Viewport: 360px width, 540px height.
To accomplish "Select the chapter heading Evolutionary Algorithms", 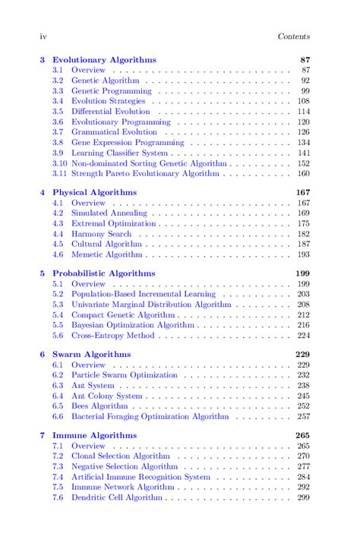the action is tap(104, 59).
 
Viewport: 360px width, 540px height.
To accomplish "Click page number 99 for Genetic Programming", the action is tap(305, 91).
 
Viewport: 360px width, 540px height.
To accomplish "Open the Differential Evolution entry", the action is tap(111, 112).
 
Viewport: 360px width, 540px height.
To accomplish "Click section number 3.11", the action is tap(59, 174).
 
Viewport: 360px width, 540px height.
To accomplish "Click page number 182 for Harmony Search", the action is tap(303, 234).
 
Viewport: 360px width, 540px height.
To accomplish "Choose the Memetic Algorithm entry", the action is tap(106, 255).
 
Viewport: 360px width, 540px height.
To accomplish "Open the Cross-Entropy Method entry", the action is tap(113, 336).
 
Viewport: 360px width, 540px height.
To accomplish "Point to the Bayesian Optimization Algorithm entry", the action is tap(134, 325).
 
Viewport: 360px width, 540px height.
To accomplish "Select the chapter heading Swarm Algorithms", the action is tap(91, 355).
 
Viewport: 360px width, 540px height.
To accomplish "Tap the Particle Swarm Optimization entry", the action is tap(124, 375).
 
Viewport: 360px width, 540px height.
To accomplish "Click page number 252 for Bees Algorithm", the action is tap(303, 406).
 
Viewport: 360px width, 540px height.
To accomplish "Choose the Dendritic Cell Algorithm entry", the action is tap(117, 498).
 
